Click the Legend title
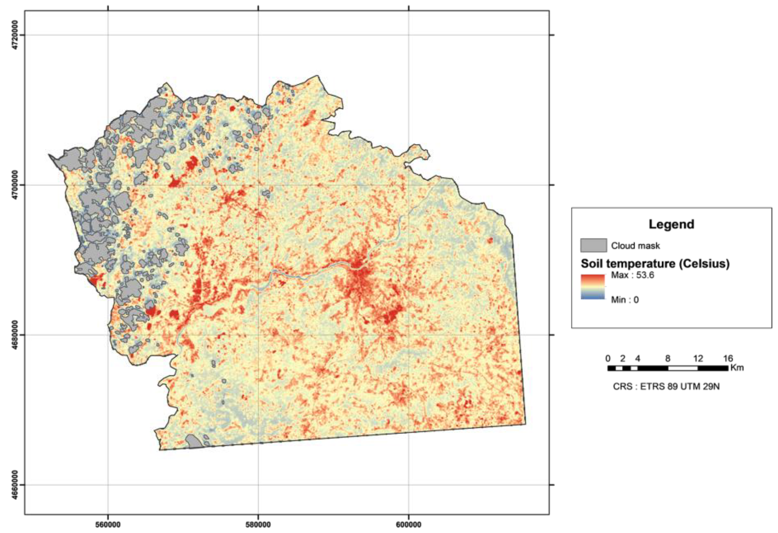(671, 224)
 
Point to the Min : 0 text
(625, 300)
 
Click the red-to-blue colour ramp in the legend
(593, 287)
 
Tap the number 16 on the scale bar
(728, 359)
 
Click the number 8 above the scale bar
(668, 359)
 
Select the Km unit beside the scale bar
(737, 368)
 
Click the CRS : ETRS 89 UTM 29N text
(666, 387)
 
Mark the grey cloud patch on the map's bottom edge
(194, 442)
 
